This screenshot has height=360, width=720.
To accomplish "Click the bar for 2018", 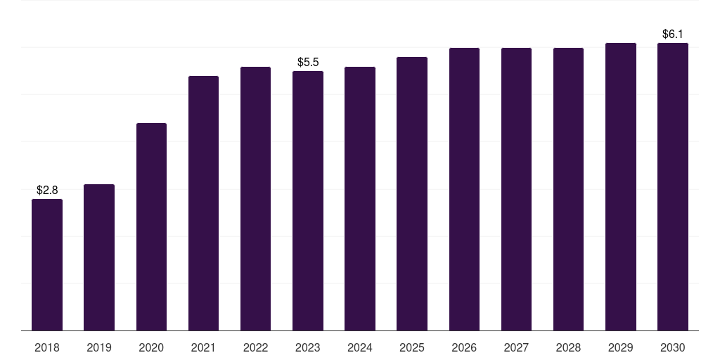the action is (47, 265).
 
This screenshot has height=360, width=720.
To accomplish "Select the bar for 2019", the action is (99, 257).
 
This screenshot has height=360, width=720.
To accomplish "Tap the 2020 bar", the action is (152, 227).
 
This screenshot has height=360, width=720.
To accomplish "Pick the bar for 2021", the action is (203, 203).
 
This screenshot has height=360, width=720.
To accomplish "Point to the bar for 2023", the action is (308, 200).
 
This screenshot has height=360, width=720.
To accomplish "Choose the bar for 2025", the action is (412, 194).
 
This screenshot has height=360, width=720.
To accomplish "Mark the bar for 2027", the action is (516, 189).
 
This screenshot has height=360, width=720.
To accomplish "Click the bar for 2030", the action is (673, 187).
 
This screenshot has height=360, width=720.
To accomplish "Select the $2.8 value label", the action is (47, 190).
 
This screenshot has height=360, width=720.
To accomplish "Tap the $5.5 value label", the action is (308, 62).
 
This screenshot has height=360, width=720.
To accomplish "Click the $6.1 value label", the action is (673, 34).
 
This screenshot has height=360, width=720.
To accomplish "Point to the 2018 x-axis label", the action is (47, 348).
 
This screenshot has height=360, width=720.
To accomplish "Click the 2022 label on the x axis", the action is (255, 348).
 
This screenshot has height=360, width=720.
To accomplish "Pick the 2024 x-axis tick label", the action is (360, 348).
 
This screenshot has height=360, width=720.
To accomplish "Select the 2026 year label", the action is (464, 348).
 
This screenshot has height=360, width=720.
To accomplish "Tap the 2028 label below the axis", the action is (568, 348).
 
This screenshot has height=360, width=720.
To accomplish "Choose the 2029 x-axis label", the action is (620, 348).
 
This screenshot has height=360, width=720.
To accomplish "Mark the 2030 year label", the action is (673, 348).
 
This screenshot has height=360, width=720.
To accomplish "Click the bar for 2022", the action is (255, 198).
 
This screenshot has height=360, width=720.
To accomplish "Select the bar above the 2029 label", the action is (621, 187).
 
